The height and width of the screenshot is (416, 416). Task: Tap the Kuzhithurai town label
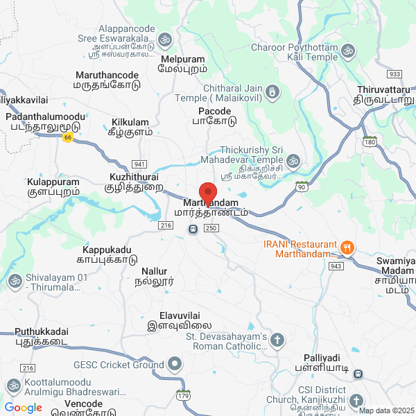(134, 182)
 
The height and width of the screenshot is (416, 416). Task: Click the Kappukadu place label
(107, 254)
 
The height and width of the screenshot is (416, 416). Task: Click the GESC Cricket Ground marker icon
(175, 363)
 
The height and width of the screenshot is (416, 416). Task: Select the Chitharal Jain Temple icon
(273, 91)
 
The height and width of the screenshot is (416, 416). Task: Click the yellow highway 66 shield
(67, 137)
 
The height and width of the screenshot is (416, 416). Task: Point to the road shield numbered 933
(395, 73)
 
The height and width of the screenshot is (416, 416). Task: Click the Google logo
(23, 408)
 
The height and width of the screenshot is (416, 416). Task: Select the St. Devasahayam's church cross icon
(277, 340)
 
